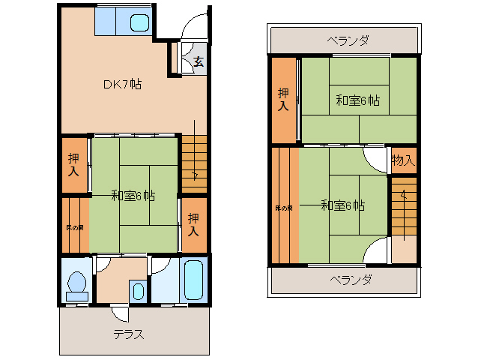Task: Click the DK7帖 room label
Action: (x=122, y=84)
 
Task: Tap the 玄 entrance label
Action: (x=198, y=61)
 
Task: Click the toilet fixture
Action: (x=76, y=283)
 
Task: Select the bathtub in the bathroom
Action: (x=194, y=279)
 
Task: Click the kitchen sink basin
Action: (x=139, y=22)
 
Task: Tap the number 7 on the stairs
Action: (x=195, y=177)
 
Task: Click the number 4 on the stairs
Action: (x=403, y=196)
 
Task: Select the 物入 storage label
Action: (x=402, y=160)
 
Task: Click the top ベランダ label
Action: (x=348, y=40)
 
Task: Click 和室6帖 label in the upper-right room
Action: (x=357, y=100)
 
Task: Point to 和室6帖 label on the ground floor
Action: (x=133, y=196)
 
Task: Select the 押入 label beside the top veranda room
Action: (x=283, y=100)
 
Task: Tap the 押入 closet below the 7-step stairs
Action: (x=193, y=223)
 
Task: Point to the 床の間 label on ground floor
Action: (x=74, y=227)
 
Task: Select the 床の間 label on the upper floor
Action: (x=283, y=208)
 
